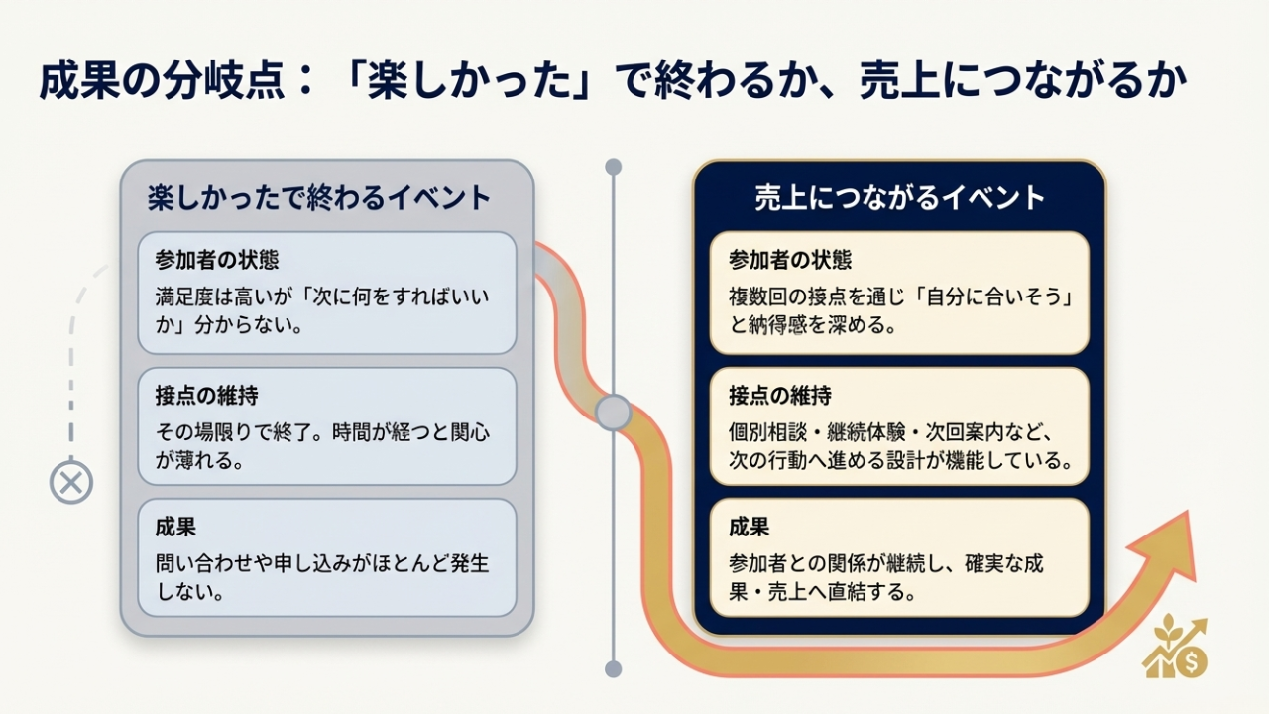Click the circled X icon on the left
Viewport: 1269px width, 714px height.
coord(70,484)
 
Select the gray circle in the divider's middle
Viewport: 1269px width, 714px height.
coord(614,413)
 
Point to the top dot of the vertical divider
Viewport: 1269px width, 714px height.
coord(614,167)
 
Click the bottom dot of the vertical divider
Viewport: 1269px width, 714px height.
coord(614,668)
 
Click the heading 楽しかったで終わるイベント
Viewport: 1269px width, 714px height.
coord(319,197)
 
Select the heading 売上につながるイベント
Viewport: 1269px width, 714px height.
coord(899,197)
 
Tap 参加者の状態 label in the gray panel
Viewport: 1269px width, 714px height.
coord(216,260)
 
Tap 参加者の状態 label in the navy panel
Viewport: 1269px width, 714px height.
coord(790,260)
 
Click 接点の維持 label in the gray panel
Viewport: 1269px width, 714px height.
coord(206,396)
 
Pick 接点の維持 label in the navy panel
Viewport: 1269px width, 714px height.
coord(780,396)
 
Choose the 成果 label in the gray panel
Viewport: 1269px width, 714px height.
coord(175,527)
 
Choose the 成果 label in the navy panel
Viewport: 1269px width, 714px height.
coord(749,527)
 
